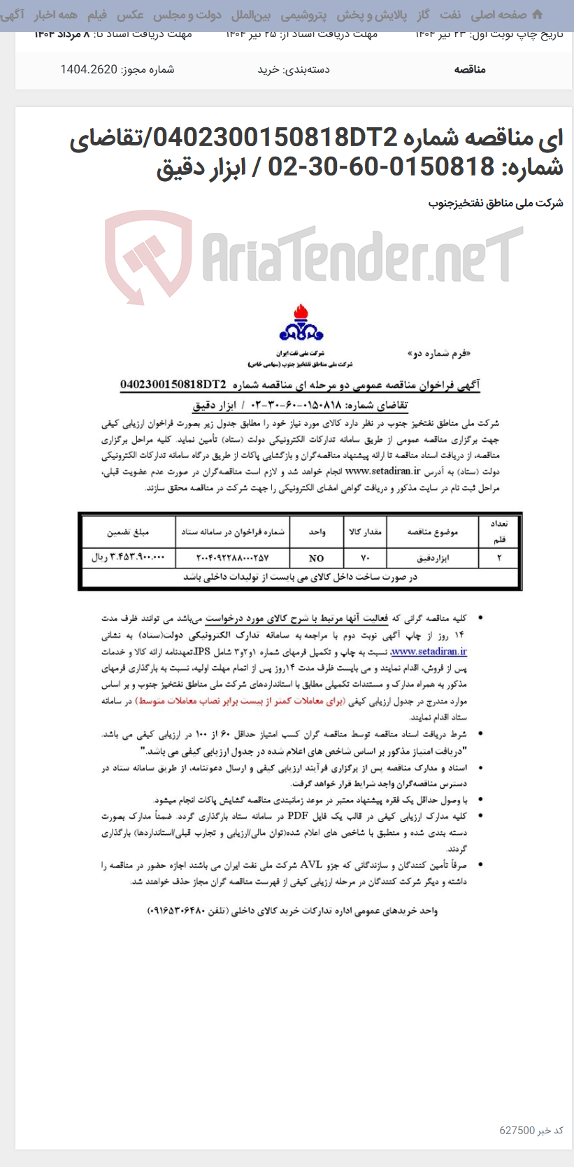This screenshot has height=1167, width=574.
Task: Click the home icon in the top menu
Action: click(x=537, y=15)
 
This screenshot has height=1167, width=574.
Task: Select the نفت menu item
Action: click(x=450, y=15)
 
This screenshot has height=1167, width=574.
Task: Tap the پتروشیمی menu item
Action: click(x=303, y=15)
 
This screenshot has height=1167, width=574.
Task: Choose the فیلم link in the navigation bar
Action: click(x=96, y=15)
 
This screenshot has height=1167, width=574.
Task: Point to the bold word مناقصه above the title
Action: click(x=469, y=69)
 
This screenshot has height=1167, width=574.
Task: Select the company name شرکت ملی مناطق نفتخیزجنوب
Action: click(x=495, y=203)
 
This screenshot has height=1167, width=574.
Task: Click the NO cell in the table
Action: click(x=316, y=558)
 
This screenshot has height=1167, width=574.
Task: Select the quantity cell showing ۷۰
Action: click(x=364, y=558)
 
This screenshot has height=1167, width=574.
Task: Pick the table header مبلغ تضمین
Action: click(x=128, y=532)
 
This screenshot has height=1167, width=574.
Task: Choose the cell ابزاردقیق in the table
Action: click(x=433, y=558)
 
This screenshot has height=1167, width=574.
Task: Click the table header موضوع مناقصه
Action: click(x=433, y=532)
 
